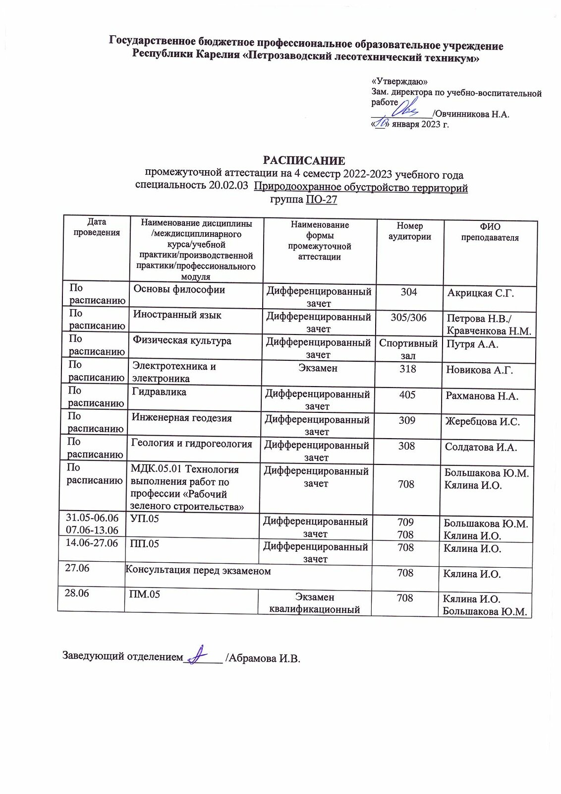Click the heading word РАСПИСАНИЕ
pos(304,161)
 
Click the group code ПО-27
pos(321,199)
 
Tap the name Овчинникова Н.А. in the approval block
pos(472,114)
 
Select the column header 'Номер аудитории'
pos(409,231)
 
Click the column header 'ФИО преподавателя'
pos(490,232)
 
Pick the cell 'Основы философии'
pos(179,290)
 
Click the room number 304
pos(409,292)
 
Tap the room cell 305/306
pos(408,318)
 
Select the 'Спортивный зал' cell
pos(408,349)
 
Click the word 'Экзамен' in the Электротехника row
pos(318,368)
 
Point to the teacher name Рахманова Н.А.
pos(482,396)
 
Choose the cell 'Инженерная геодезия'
pos(181,418)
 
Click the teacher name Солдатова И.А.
pos(481,447)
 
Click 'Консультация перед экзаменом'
pos(198,571)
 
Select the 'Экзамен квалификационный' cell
pos(314,603)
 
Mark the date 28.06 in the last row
pos(77,593)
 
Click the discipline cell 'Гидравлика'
pos(159,392)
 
